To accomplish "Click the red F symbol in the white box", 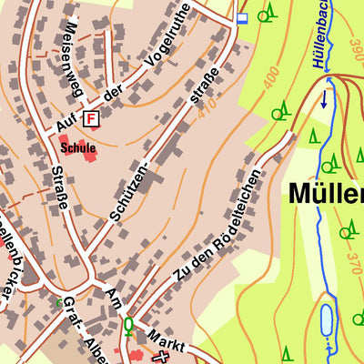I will pyautogui.click(x=90, y=118).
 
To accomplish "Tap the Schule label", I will pyautogui.click(x=78, y=147).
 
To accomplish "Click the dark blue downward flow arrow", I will pyautogui.click(x=324, y=99).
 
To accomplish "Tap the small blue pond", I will pyautogui.click(x=326, y=320).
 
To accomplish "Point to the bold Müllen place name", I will pyautogui.click(x=327, y=194).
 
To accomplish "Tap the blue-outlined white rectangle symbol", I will pyautogui.click(x=241, y=17).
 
